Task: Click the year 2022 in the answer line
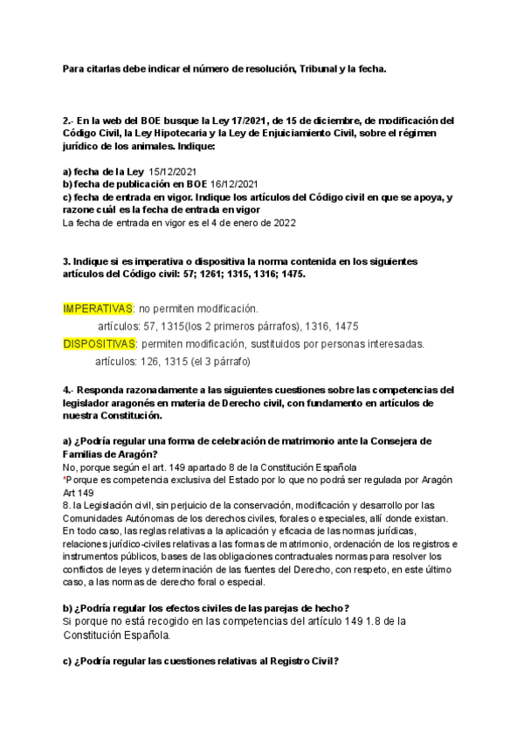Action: [283, 223]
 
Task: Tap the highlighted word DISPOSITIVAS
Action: [100, 343]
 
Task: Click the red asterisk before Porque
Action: [65, 480]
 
